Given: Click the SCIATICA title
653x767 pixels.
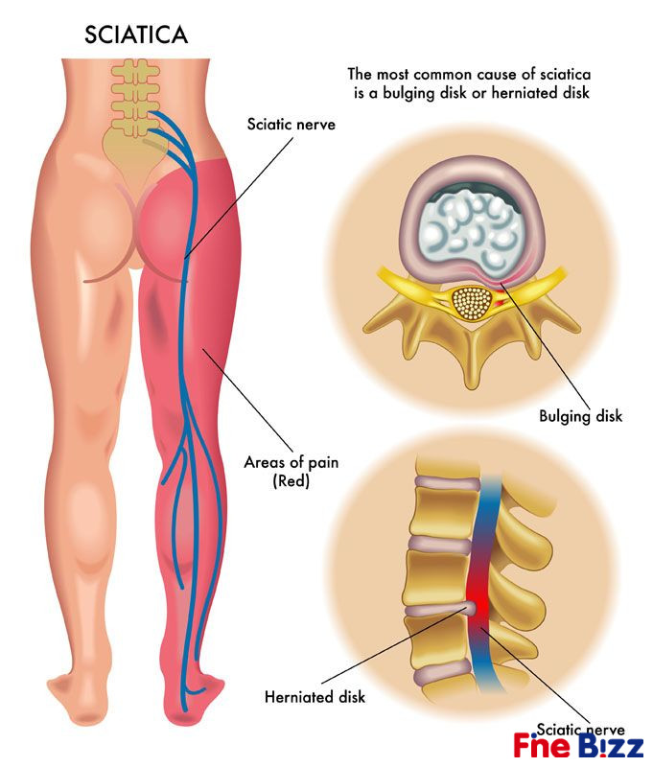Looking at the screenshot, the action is point(136,35).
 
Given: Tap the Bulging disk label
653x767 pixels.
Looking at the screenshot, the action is point(581,416).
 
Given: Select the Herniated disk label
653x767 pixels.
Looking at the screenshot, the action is point(315,696).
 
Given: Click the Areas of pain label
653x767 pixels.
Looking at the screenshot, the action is point(292,462).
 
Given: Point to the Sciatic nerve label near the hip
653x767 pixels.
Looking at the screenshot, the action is point(292,125).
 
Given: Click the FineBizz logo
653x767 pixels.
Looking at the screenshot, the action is point(578,746).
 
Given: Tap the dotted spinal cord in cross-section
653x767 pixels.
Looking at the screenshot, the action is point(472,304).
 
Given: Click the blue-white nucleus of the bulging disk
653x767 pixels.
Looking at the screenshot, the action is point(471,229).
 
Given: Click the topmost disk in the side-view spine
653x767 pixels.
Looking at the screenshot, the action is point(447,483).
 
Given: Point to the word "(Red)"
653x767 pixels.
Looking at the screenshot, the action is point(292,481).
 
